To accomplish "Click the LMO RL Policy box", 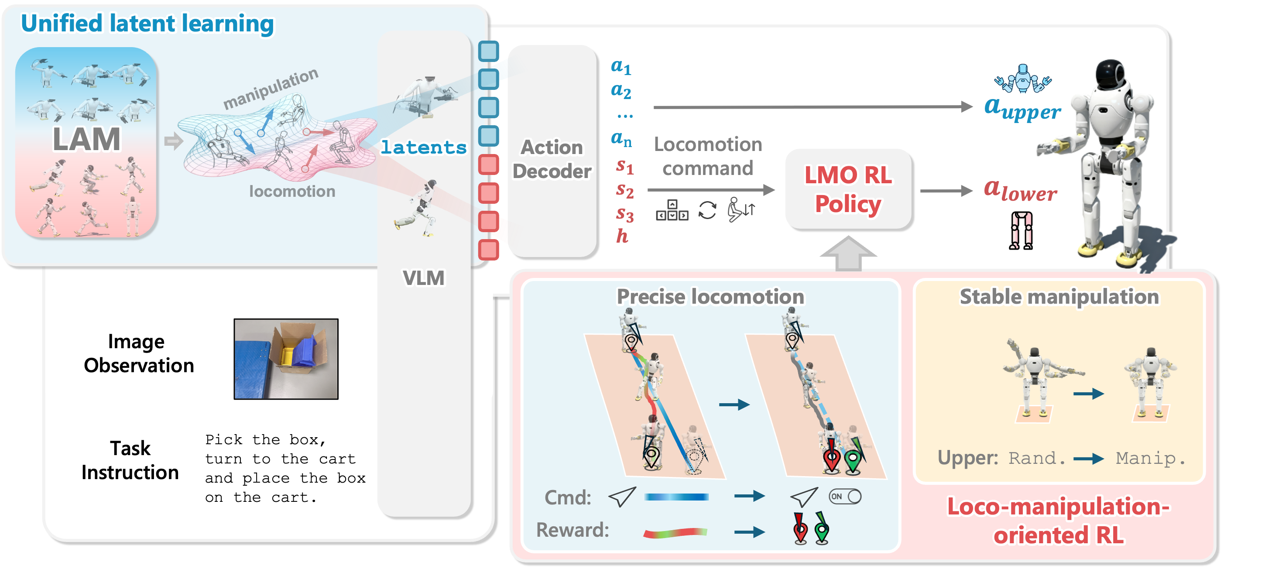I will click(848, 189).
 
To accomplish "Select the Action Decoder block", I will click(552, 158).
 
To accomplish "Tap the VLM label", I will click(423, 278).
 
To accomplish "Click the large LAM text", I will click(86, 139).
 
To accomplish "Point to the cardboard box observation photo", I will click(286, 359).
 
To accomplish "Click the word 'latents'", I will click(423, 147).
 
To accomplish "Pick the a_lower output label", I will click(1020, 190).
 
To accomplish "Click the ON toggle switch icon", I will click(845, 497).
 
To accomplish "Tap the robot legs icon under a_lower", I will click(1021, 230).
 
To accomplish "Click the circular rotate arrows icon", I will click(707, 210).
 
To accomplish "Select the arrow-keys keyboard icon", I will click(672, 210).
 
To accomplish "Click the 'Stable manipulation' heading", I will click(1059, 297).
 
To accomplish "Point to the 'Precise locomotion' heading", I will click(710, 297).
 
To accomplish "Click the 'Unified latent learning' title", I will click(147, 24).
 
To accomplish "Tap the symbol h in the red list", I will click(622, 237).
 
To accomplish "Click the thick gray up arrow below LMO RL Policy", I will click(848, 253).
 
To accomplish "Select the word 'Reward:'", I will click(573, 530).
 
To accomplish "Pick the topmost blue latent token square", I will click(488, 51).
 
